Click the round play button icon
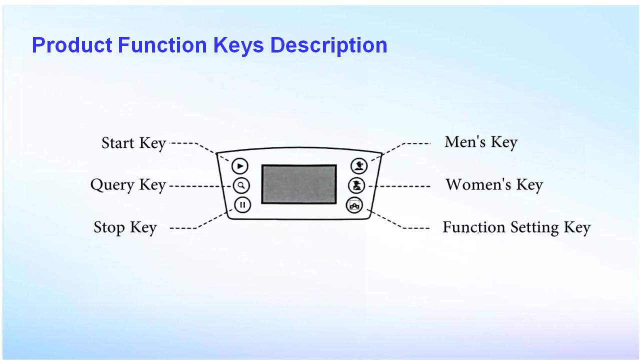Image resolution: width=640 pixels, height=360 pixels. (239, 166)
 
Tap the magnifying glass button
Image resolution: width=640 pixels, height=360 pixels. (241, 185)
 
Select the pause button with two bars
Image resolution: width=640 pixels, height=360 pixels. (242, 205)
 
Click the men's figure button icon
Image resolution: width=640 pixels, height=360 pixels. (359, 165)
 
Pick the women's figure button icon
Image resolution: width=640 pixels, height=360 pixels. (356, 185)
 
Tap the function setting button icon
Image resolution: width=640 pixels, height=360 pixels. (354, 205)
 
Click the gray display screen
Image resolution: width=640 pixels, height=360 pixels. (299, 184)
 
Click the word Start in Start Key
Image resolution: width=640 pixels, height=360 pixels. (118, 143)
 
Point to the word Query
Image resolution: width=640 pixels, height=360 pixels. (112, 185)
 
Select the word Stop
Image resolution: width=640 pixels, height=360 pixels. (109, 227)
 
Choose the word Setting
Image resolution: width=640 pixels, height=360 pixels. (534, 228)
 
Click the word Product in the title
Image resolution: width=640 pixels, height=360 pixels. (72, 45)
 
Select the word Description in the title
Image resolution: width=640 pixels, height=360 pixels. (328, 45)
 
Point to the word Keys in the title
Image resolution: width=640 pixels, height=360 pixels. (238, 45)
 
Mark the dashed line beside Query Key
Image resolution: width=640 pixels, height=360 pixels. (200, 186)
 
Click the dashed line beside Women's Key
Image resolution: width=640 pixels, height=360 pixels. (399, 186)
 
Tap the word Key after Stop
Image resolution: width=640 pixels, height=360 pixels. (143, 228)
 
